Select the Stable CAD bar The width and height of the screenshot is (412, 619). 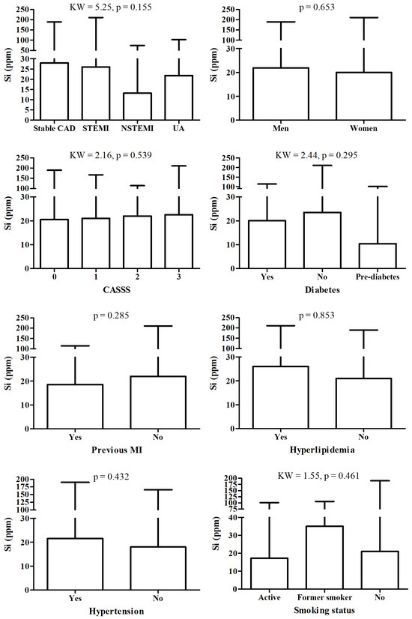tap(54, 91)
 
